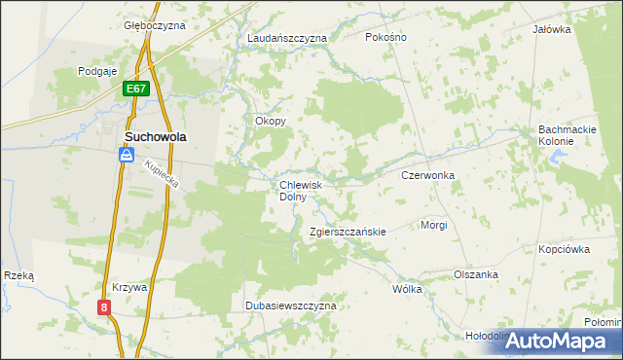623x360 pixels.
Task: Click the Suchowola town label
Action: click(156, 137)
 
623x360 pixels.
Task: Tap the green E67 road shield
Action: click(136, 90)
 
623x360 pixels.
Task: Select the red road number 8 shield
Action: click(105, 307)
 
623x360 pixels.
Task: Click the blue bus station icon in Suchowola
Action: click(128, 155)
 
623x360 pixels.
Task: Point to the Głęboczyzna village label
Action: click(155, 25)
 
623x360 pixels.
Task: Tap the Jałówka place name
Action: click(551, 29)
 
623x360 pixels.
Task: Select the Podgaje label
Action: click(97, 71)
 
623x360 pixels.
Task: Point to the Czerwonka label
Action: click(428, 176)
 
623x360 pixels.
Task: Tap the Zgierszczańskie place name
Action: click(348, 232)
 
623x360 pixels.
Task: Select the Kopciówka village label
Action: click(565, 249)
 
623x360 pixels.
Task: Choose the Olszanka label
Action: click(476, 274)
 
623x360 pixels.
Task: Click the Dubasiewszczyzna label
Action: click(289, 306)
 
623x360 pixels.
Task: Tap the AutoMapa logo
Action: click(563, 341)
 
